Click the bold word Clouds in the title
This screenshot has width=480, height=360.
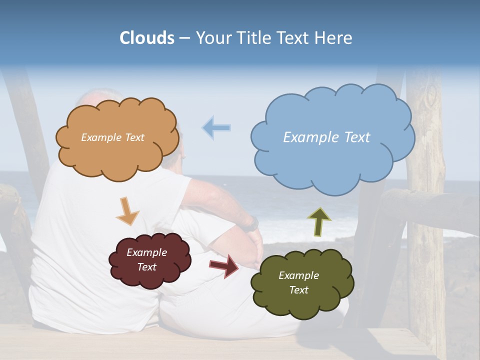point(147,38)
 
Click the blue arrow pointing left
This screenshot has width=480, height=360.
point(216,127)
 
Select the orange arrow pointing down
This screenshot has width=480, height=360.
point(127,210)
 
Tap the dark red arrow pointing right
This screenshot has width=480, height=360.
point(224,265)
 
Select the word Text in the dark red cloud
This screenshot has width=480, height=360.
point(146,267)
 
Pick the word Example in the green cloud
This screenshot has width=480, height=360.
point(298,275)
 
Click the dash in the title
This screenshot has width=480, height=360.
point(184,38)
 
